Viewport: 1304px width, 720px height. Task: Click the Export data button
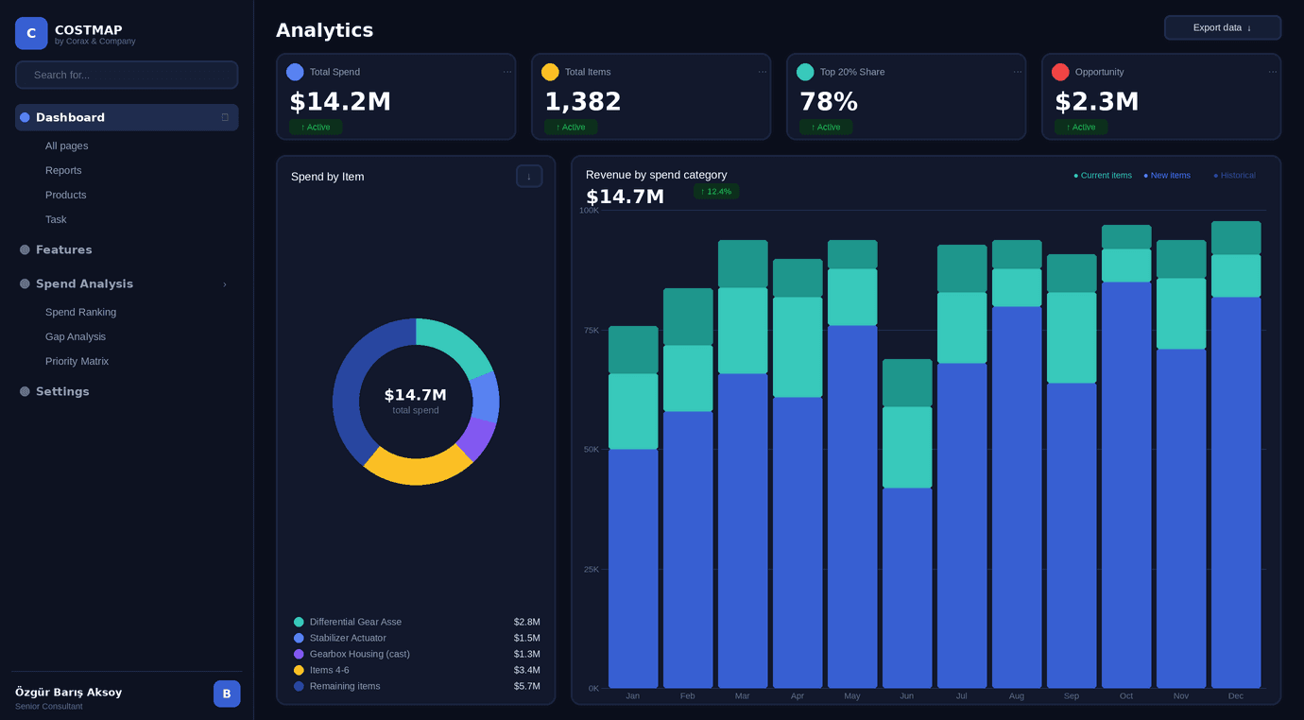1222,27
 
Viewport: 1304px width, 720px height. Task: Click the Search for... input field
127,75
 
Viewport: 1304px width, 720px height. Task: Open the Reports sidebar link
63,170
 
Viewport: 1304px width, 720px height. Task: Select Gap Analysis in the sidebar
76,336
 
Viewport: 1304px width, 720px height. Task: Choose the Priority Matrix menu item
77,361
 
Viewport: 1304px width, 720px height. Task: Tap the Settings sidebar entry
62,391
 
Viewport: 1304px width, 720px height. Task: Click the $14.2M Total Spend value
340,101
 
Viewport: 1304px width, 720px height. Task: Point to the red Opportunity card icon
1060,72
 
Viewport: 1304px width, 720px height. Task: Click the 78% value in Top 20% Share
829,101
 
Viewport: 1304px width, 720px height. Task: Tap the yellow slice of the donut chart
417,468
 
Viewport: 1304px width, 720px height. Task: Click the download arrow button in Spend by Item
529,176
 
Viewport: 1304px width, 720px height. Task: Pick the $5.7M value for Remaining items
526,686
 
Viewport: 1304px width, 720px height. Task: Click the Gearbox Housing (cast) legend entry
359,654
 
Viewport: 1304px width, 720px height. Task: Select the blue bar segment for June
907,586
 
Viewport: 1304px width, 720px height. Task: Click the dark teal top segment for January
633,350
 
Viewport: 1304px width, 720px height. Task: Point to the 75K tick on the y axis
591,330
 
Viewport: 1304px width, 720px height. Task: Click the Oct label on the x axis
1126,695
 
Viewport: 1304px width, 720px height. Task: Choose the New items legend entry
1167,175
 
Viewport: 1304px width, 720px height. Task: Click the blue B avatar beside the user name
227,694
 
